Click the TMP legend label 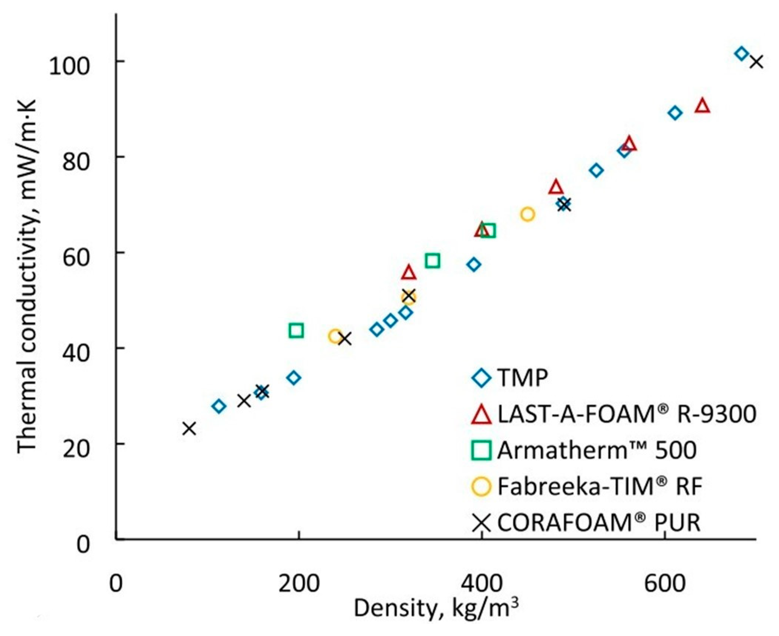point(522,378)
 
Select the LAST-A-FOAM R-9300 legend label point(626,414)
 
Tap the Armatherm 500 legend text point(596,450)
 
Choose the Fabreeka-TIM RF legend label point(600,486)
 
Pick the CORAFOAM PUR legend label point(598,522)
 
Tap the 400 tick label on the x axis point(481,584)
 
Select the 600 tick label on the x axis point(664,584)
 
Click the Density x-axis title point(436,609)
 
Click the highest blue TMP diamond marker point(741,54)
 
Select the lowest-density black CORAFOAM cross point(189,428)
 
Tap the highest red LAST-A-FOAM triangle point(703,106)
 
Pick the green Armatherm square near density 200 point(296,330)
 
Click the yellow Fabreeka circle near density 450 point(527,214)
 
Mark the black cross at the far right point(756,62)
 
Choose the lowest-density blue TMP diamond point(219,406)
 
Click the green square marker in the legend point(481,450)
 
